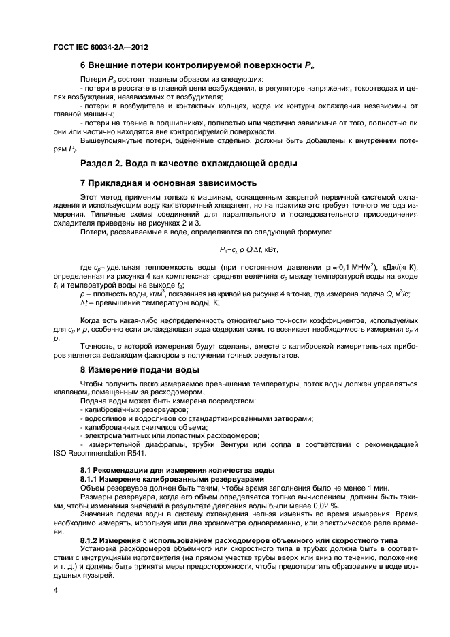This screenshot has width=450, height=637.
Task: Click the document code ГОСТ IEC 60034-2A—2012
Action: pyautogui.click(x=100, y=48)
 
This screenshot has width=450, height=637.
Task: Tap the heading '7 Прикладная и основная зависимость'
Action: pyautogui.click(x=168, y=183)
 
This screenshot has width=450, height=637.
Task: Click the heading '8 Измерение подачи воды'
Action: pyautogui.click(x=140, y=369)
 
